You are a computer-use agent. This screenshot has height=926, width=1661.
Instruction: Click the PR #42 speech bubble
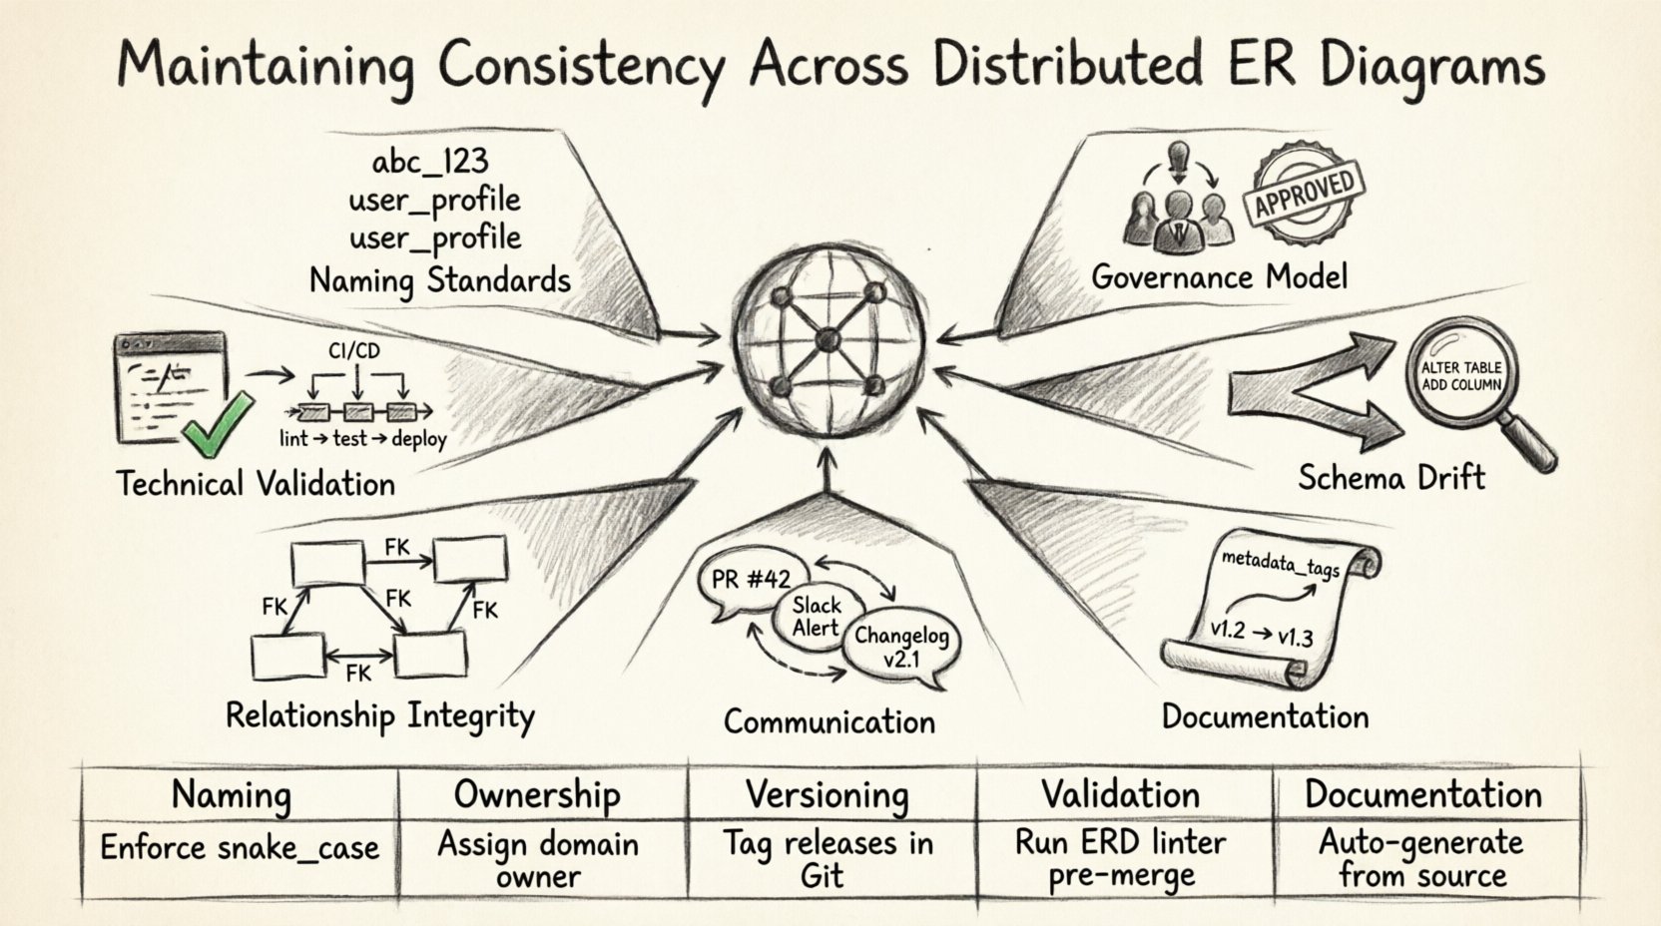[x=751, y=582]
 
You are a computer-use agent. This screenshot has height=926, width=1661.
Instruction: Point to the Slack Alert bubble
[x=817, y=616]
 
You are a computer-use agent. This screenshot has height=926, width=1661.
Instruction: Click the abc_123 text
[x=429, y=162]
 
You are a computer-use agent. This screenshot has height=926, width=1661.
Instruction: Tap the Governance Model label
[x=1219, y=276]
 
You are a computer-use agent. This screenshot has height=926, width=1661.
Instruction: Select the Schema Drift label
[x=1391, y=477]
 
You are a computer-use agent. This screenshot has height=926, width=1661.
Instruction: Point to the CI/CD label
[x=353, y=350]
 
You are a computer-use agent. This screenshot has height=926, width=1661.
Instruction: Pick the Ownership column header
[x=537, y=795]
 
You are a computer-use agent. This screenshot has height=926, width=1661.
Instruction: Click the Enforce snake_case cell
[x=240, y=848]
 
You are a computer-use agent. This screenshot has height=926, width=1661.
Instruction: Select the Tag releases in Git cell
[x=828, y=859]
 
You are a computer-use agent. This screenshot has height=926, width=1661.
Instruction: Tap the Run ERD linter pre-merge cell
[x=1120, y=859]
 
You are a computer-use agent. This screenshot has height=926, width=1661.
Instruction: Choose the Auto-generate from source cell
[x=1421, y=859]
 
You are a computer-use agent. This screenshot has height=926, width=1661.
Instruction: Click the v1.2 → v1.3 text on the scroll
[x=1261, y=633]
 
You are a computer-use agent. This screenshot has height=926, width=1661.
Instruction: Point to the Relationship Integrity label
[x=379, y=716]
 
